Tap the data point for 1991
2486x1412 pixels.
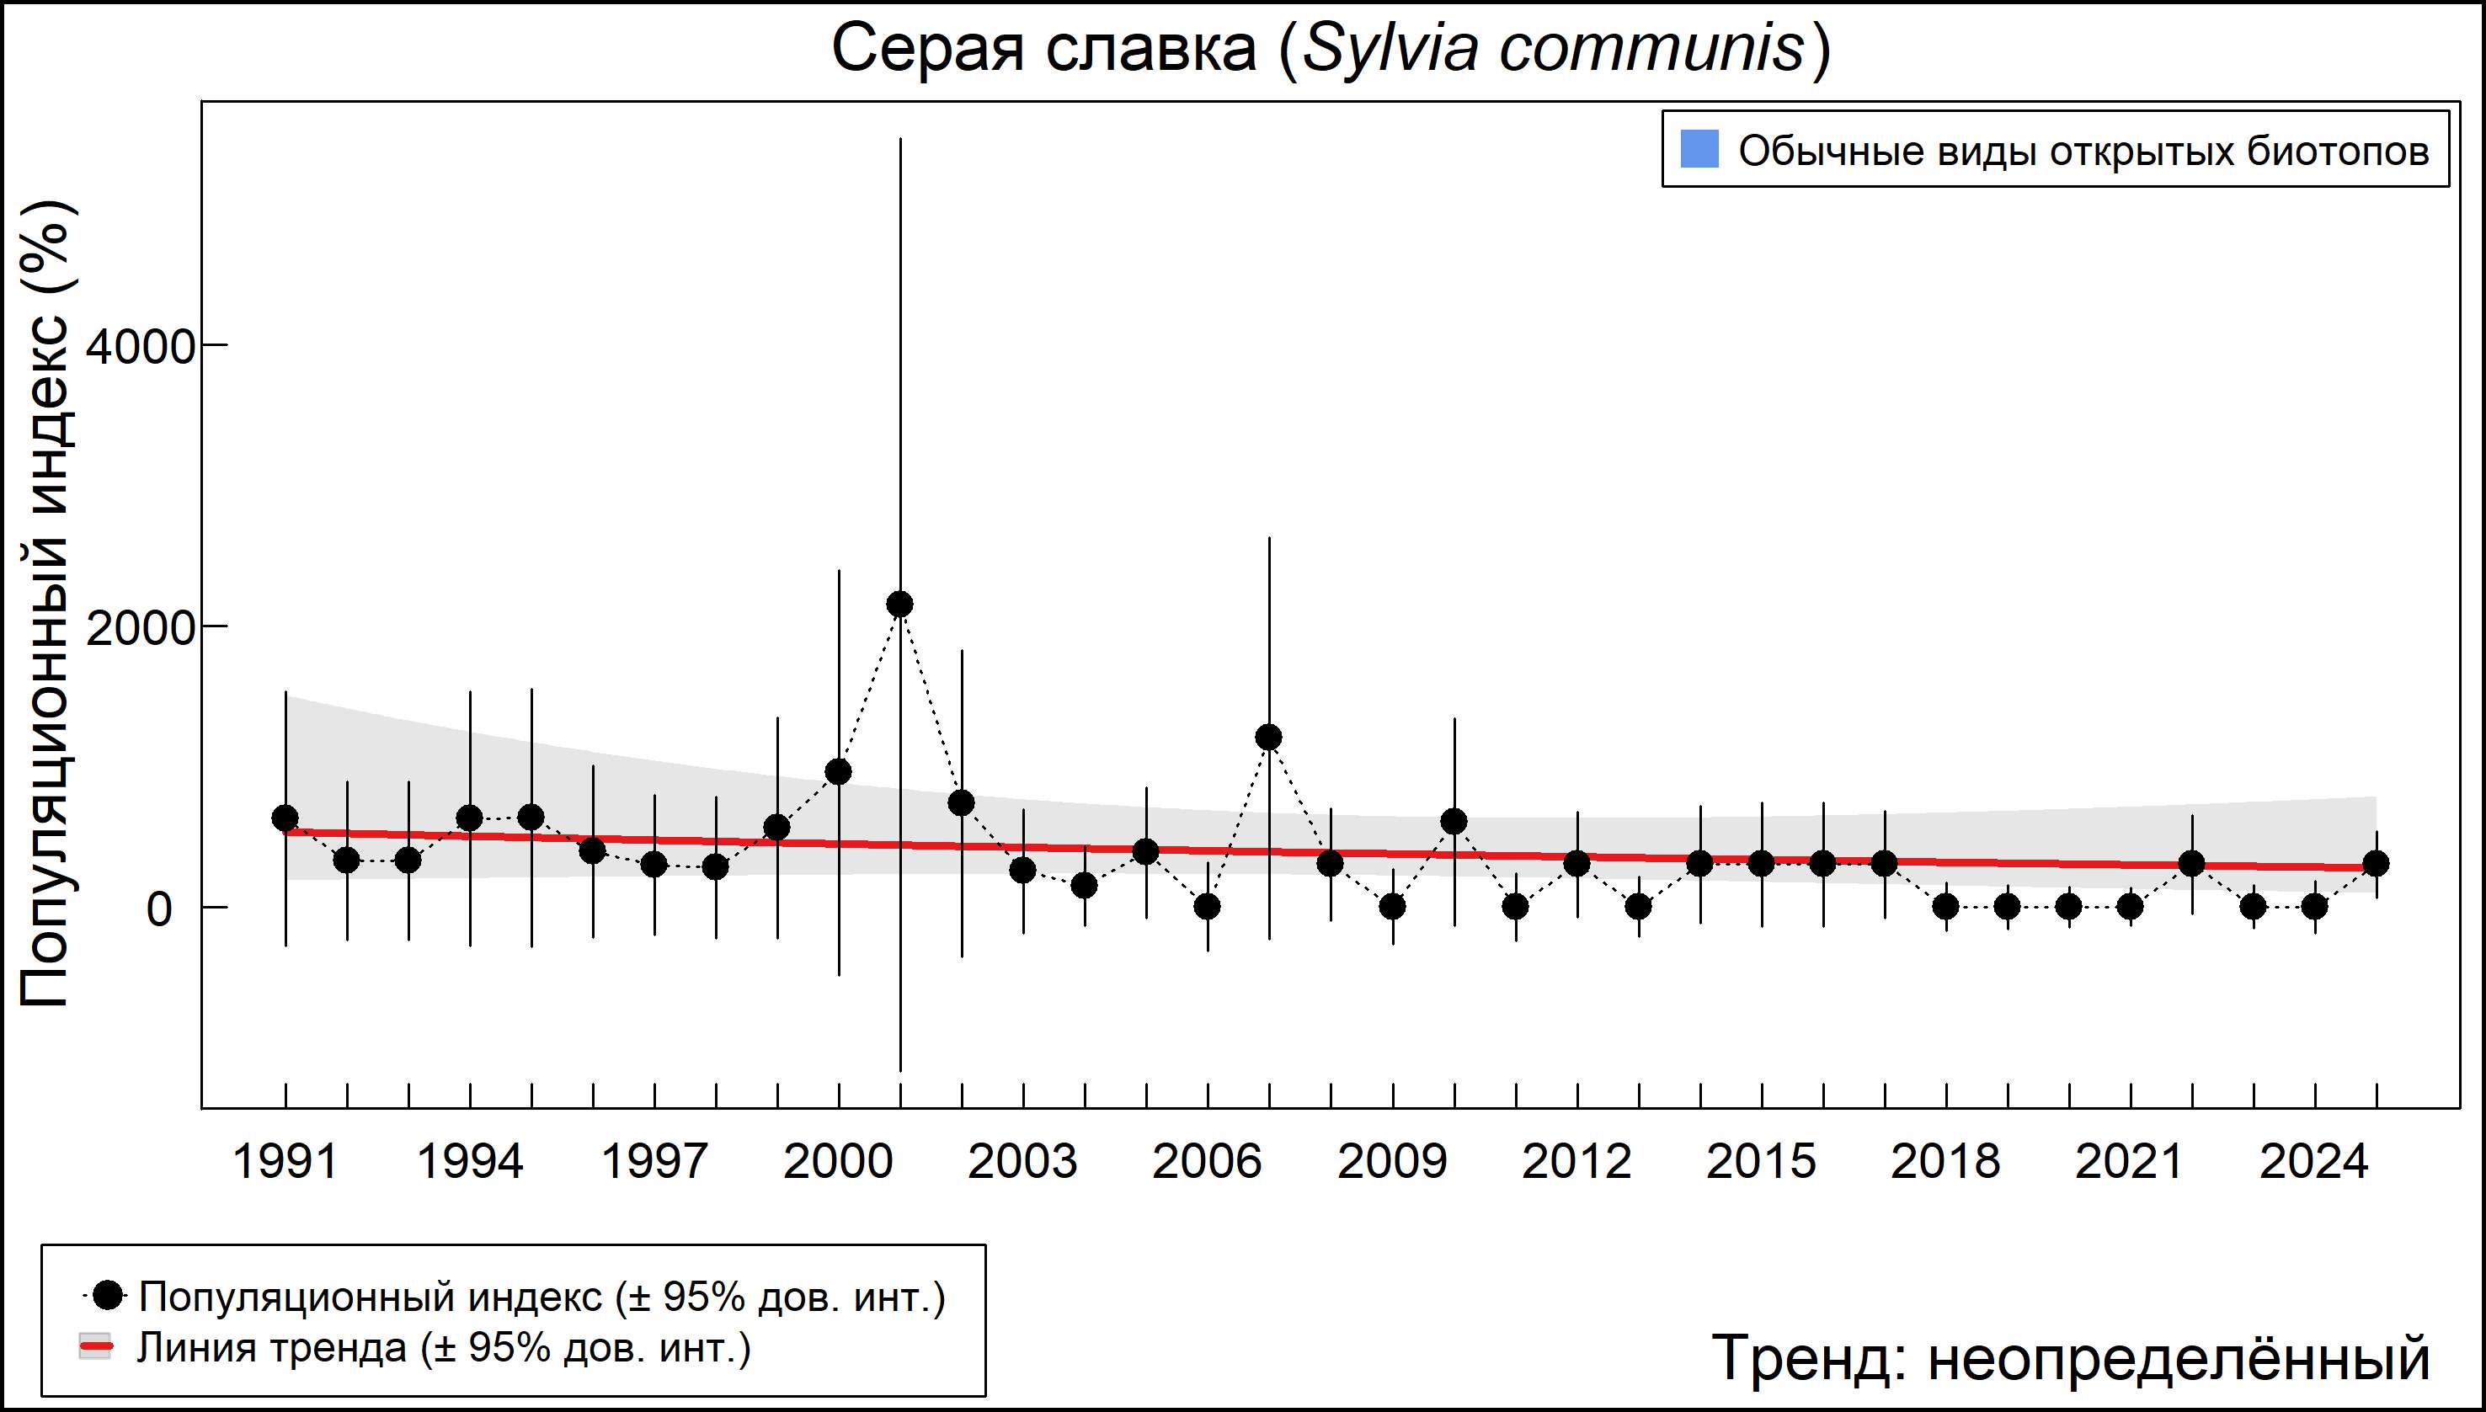coord(285,818)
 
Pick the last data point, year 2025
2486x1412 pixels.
coord(2377,863)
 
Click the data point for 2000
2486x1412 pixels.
coord(839,772)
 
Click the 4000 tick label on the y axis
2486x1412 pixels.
coord(141,347)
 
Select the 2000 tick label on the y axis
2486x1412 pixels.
coord(141,628)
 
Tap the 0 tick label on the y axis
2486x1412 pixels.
coord(159,909)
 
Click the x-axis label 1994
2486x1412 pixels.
coord(469,1162)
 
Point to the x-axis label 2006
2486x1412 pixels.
coord(1208,1162)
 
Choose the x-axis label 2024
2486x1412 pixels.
coord(2314,1162)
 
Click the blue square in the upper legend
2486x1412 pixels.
coord(1699,149)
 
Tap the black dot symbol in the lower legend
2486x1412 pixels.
coord(109,1295)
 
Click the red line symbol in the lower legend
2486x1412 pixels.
coord(96,1346)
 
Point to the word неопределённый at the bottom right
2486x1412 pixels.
coord(2179,1357)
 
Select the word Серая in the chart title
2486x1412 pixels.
coord(927,49)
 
